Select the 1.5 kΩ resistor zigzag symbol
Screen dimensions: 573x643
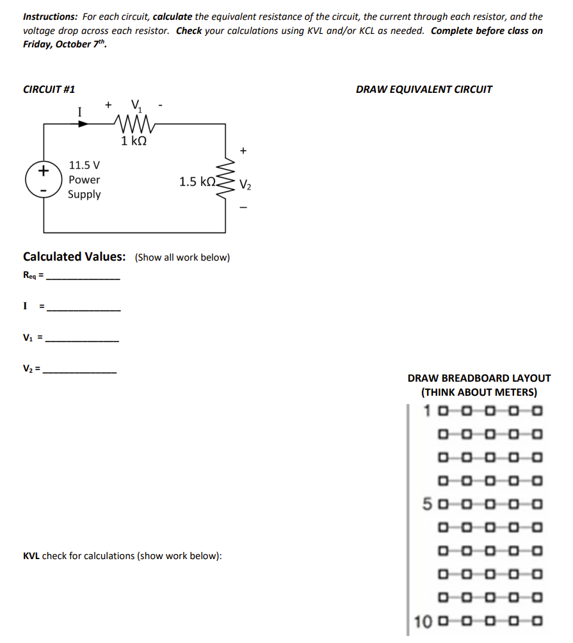coord(225,181)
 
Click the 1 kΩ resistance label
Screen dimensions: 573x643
coord(134,140)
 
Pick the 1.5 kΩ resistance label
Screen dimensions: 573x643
coord(198,182)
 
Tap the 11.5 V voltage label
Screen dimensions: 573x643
coord(84,166)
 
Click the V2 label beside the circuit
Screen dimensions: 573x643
coord(246,186)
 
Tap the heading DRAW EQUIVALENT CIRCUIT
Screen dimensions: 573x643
coord(424,90)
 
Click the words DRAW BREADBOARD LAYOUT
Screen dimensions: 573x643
coord(479,378)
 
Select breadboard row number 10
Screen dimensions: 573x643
coord(423,621)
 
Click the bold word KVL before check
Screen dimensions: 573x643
coord(31,556)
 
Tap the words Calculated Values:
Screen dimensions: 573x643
coord(74,257)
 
